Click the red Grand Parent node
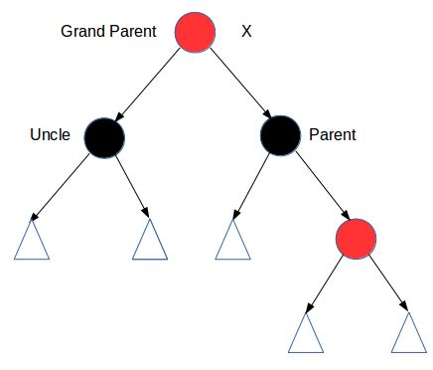[x=196, y=32]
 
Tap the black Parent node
[x=280, y=135]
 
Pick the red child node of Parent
[x=356, y=237]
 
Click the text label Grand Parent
[x=108, y=31]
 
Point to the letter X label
[x=247, y=31]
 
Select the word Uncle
[x=50, y=134]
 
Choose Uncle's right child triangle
[x=149, y=241]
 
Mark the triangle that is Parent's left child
[x=231, y=241]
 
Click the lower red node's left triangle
[x=306, y=334]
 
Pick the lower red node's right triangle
[x=408, y=334]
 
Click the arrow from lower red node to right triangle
[x=386, y=282]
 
